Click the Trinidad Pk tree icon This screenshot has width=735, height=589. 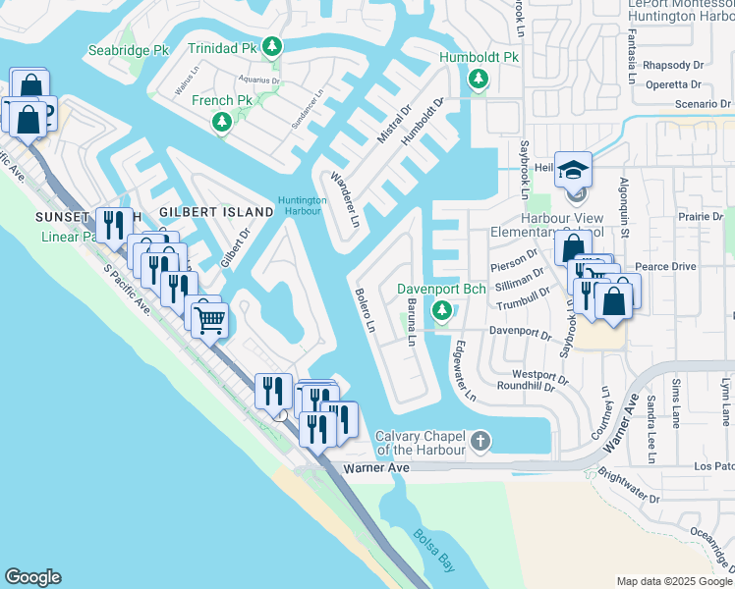pyautogui.click(x=273, y=46)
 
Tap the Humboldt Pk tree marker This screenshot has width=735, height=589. pyautogui.click(x=479, y=79)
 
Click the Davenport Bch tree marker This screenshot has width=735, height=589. pyautogui.click(x=441, y=310)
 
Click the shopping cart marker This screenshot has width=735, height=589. pyautogui.click(x=209, y=319)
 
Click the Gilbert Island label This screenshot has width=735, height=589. pyautogui.click(x=216, y=212)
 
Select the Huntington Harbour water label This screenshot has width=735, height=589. pyautogui.click(x=301, y=204)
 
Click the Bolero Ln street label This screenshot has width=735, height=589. pyautogui.click(x=364, y=310)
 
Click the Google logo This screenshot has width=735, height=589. pyautogui.click(x=32, y=577)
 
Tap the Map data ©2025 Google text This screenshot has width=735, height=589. pyautogui.click(x=673, y=581)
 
